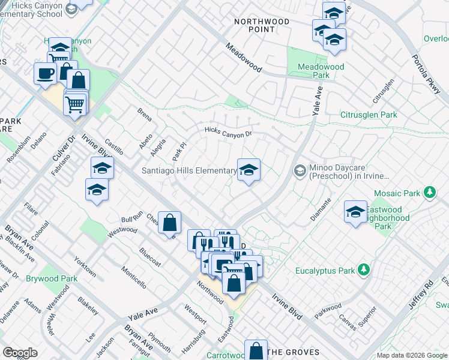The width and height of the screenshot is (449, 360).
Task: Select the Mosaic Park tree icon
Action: click(x=429, y=193)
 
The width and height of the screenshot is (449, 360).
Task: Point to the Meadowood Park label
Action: click(x=321, y=71)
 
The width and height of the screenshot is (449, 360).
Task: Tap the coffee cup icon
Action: click(x=44, y=74)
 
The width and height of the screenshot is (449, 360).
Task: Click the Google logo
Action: click(x=20, y=353)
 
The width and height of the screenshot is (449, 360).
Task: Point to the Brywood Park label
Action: click(x=52, y=278)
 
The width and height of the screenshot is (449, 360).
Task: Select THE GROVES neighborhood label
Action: click(x=294, y=352)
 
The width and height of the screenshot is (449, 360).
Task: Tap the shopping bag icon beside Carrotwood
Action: click(x=256, y=350)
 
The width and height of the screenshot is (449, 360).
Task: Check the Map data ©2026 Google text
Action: click(x=411, y=355)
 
